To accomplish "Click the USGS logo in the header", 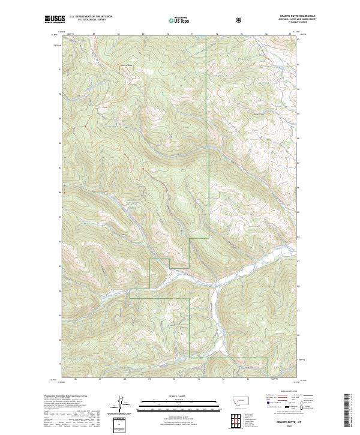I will click(52, 20).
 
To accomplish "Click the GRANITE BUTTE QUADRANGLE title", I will click(299, 17).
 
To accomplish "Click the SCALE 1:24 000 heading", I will click(172, 396).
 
